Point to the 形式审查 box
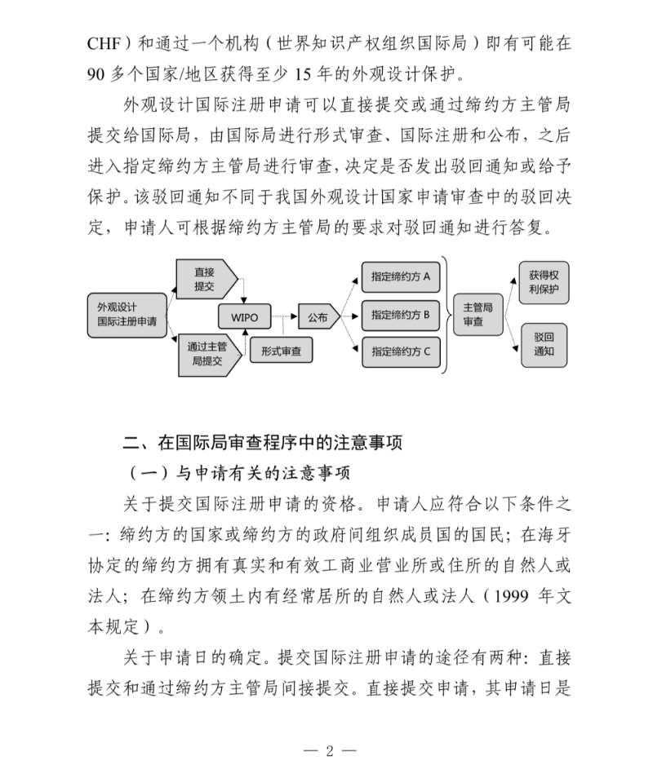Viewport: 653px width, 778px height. point(281,351)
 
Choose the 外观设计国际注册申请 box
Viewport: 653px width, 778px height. point(127,316)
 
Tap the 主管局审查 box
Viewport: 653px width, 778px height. point(478,315)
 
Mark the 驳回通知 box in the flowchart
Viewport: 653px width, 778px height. point(544,343)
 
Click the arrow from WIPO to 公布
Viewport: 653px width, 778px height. point(282,316)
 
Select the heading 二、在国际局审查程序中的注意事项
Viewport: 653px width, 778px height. point(262,443)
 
